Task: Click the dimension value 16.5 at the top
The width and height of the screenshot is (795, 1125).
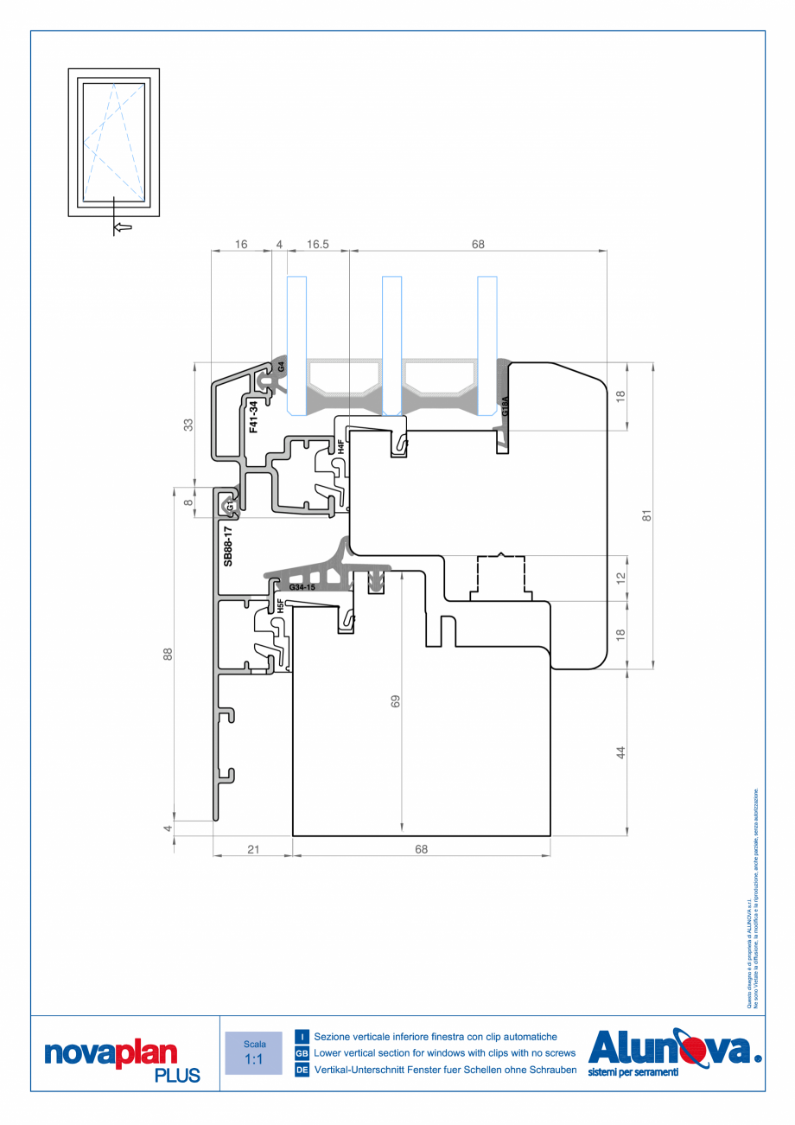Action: (318, 245)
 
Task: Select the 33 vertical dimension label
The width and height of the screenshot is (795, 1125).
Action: (188, 424)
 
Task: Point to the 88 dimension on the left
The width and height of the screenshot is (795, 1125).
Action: (168, 655)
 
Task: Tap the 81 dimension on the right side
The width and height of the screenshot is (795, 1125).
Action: (646, 515)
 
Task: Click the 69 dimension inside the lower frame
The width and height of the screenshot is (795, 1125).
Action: (396, 701)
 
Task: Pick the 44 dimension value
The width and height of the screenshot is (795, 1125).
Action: (620, 752)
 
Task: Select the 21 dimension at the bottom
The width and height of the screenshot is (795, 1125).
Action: (253, 849)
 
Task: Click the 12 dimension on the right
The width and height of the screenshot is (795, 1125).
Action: (620, 577)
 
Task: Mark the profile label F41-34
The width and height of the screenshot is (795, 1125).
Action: (253, 417)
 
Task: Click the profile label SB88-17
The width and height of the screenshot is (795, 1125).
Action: (228, 546)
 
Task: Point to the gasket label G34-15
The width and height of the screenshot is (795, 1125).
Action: (303, 588)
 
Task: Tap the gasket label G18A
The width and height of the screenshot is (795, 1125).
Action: (506, 407)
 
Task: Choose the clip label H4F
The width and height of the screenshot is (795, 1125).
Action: (341, 447)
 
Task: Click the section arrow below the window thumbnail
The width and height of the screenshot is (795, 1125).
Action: (122, 227)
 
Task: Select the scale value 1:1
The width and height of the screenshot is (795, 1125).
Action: (254, 1059)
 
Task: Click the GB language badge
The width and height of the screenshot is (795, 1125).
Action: (302, 1053)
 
